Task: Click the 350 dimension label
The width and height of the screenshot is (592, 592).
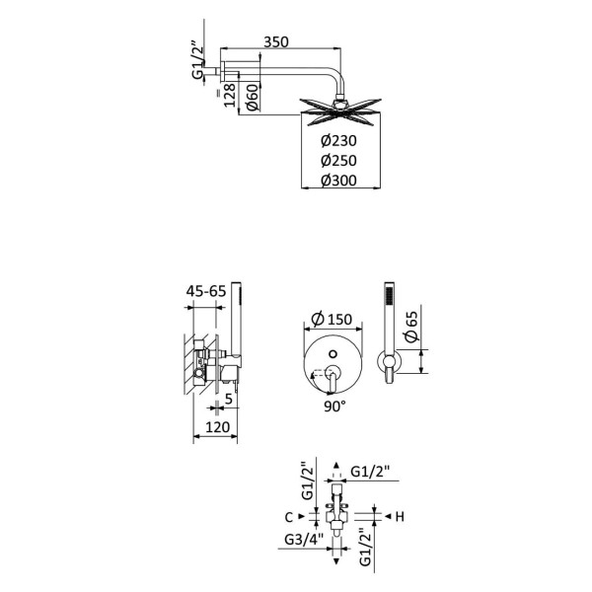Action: tap(276, 41)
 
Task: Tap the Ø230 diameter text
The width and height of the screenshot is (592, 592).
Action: tap(338, 140)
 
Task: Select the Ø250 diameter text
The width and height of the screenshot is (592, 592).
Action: tap(338, 161)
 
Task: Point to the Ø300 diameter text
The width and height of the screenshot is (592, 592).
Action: tap(338, 181)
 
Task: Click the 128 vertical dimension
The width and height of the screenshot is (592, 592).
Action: tap(230, 95)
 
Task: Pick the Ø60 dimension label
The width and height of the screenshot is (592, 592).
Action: tap(253, 98)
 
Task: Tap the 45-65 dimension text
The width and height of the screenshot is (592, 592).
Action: tap(206, 291)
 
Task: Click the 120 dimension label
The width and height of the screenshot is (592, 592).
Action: tap(217, 427)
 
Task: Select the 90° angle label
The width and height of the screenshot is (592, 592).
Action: tap(334, 407)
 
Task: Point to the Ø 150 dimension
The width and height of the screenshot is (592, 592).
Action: tap(332, 319)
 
